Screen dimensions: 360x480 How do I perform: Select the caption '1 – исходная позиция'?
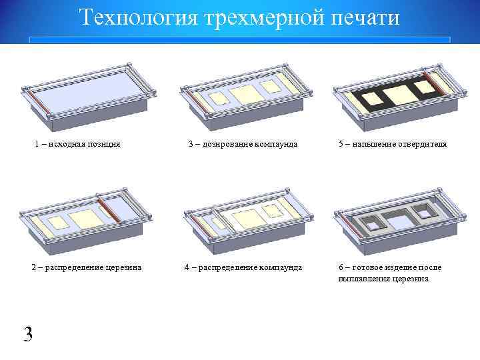77,144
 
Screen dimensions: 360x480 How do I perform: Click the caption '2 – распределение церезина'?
87,268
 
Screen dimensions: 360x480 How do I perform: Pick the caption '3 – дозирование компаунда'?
242,144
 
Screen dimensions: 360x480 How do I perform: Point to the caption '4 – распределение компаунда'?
243,268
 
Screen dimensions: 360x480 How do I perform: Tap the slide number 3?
27,334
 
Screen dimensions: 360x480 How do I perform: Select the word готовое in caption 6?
367,268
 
